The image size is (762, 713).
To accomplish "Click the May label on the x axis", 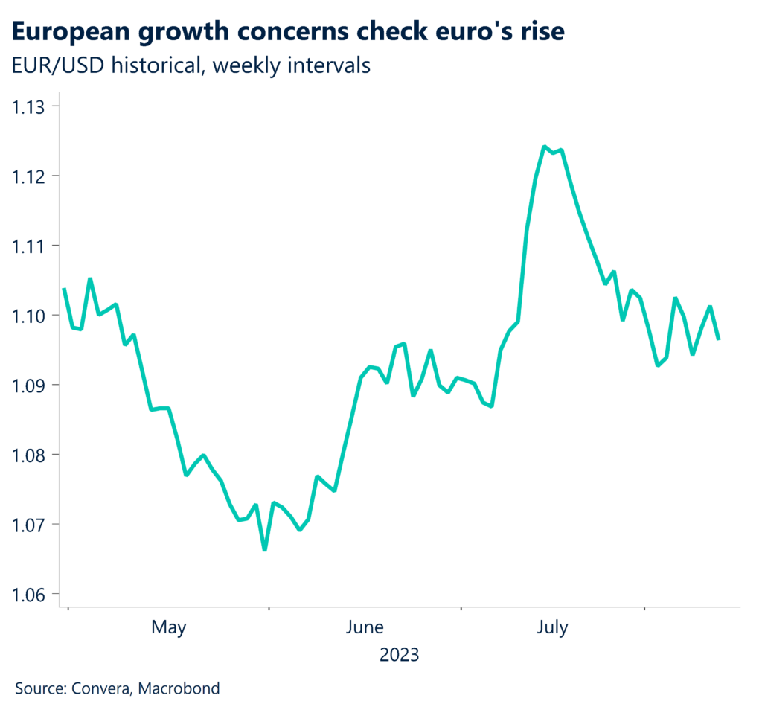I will pos(169,628).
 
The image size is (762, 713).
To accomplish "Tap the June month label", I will pos(365,628).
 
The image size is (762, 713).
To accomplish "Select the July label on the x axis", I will pos(552,628).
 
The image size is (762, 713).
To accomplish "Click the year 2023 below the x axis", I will pos(399,656).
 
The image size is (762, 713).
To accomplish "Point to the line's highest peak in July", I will pos(545,147).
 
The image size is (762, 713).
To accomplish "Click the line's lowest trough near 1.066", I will pos(265,550).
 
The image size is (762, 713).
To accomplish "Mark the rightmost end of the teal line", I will pos(719,339).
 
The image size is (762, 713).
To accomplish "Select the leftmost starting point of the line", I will pos(64,289).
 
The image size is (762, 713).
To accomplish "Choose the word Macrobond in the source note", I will pos(182,688).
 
